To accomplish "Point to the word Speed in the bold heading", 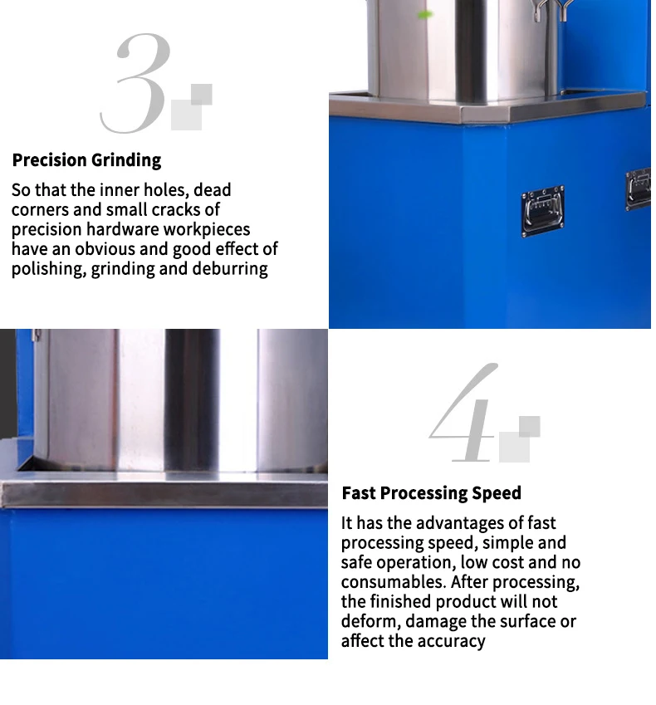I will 497,493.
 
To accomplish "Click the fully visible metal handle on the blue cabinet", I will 542,210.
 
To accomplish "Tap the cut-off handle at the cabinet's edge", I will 639,188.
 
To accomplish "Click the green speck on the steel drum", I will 425,14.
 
